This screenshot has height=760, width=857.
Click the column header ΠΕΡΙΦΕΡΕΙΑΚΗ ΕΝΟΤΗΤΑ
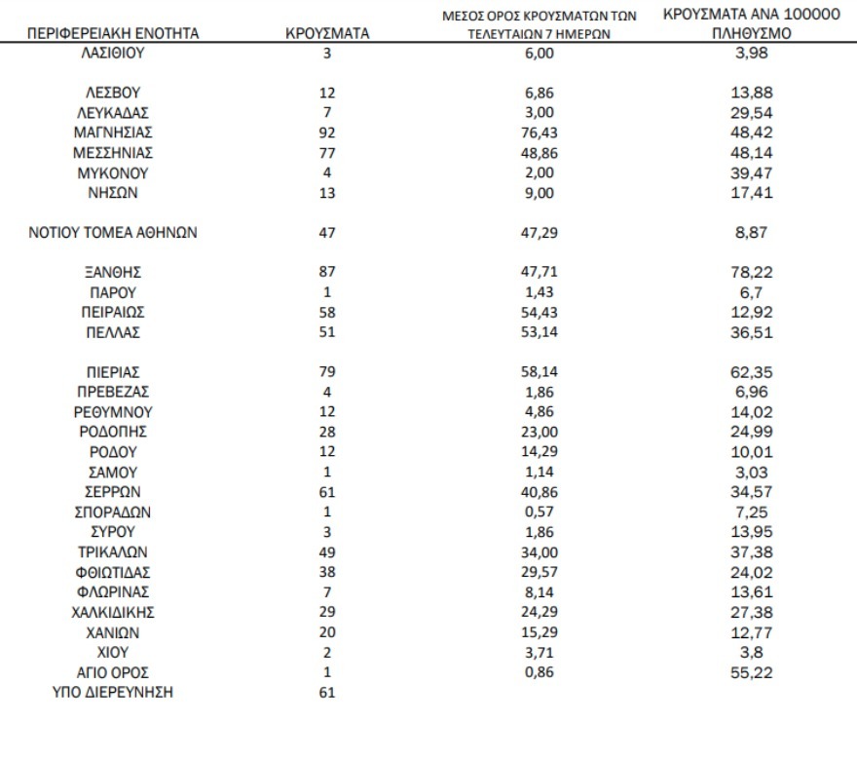click(x=115, y=33)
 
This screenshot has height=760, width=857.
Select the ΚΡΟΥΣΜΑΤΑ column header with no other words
click(x=326, y=33)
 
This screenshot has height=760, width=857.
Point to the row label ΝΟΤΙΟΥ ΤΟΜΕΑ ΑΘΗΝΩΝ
click(x=115, y=232)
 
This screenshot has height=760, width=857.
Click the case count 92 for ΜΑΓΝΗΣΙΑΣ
click(x=326, y=132)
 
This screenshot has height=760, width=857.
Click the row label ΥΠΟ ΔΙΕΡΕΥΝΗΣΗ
click(x=115, y=693)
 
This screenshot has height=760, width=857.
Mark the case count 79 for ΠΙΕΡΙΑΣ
click(x=326, y=371)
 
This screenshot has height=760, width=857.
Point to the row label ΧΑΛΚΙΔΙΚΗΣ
click(x=115, y=612)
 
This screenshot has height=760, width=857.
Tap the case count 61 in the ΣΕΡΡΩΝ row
click(x=326, y=492)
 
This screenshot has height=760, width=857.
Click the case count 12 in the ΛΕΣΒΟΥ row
click(x=326, y=93)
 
